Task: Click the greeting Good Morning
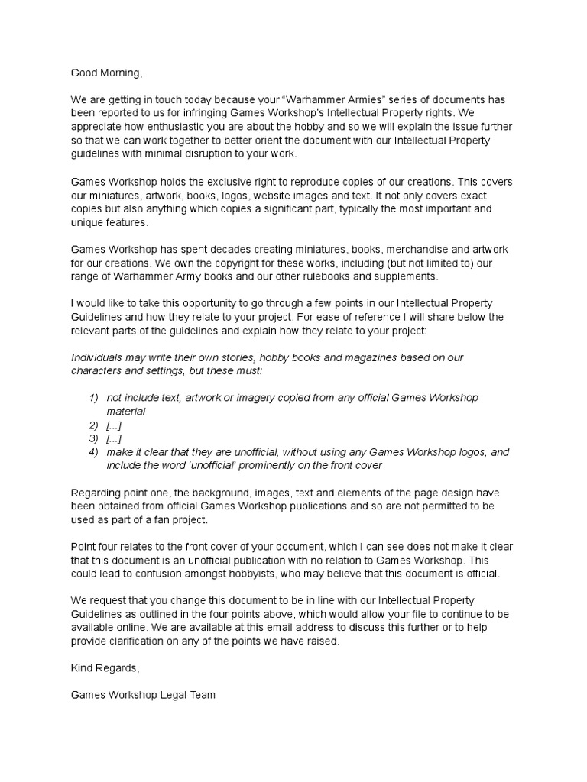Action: pos(106,73)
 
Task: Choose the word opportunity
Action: pos(201,304)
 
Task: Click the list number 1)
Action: pos(95,398)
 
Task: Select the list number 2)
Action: pos(95,425)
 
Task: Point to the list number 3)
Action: pos(95,438)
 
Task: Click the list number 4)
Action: pos(95,452)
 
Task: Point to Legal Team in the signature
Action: pos(194,696)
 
